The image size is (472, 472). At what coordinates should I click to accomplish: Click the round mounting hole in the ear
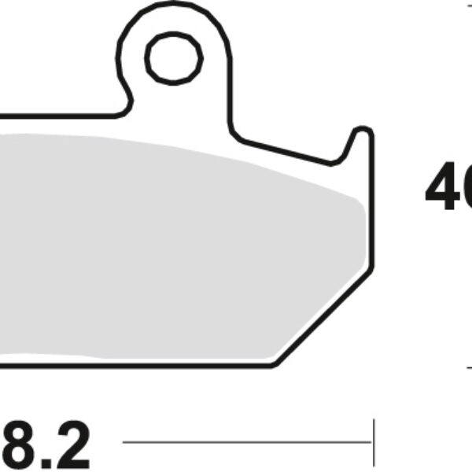(x=173, y=58)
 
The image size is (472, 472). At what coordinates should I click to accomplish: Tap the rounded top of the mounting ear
(x=173, y=9)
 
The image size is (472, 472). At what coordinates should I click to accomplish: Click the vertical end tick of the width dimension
(x=374, y=442)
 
